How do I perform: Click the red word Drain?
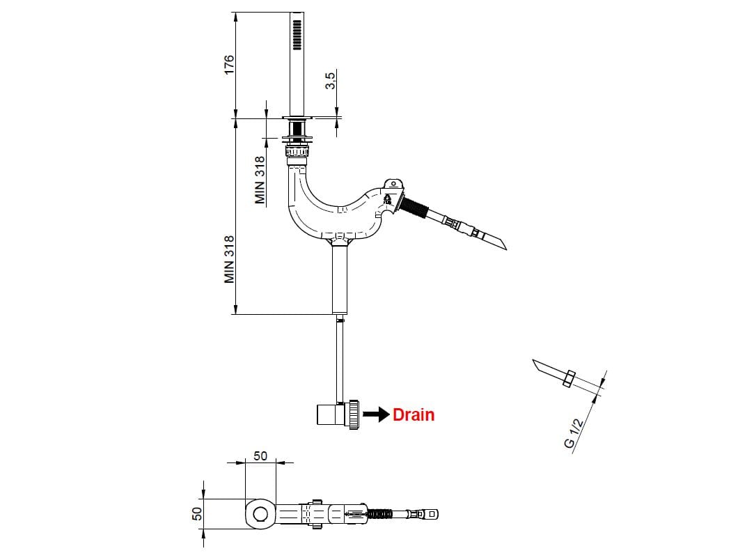pyautogui.click(x=414, y=415)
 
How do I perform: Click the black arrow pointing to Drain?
pyautogui.click(x=376, y=415)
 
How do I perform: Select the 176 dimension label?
pyautogui.click(x=230, y=64)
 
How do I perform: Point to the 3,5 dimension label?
pyautogui.click(x=331, y=81)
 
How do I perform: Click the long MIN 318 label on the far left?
pyautogui.click(x=230, y=258)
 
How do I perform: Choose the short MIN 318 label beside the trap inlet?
pyautogui.click(x=260, y=180)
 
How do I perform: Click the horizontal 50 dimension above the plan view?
pyautogui.click(x=260, y=456)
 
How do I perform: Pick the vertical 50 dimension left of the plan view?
pyautogui.click(x=197, y=513)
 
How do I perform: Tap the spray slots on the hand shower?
pyautogui.click(x=297, y=33)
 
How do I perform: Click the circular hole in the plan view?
pyautogui.click(x=260, y=515)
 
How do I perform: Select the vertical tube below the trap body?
pyautogui.click(x=339, y=277)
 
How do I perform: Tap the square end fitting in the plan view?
pyautogui.click(x=433, y=515)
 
